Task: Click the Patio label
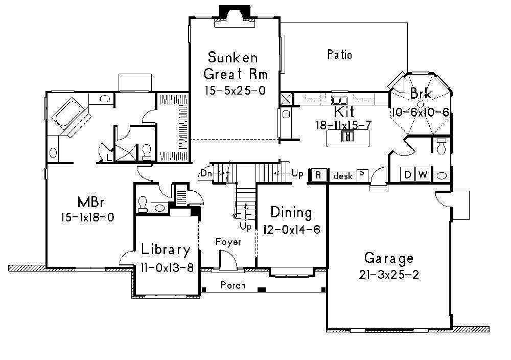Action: click(x=339, y=54)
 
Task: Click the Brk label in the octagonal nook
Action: click(x=421, y=94)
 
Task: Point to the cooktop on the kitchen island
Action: click(x=347, y=136)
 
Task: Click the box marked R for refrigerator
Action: click(x=318, y=175)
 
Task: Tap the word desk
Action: click(x=343, y=176)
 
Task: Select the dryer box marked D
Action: click(x=408, y=175)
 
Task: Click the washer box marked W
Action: click(x=423, y=175)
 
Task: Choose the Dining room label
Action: click(x=291, y=212)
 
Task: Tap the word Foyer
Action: click(x=228, y=242)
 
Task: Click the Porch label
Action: click(x=233, y=285)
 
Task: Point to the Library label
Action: click(x=166, y=250)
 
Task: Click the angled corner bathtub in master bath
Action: click(x=69, y=114)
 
